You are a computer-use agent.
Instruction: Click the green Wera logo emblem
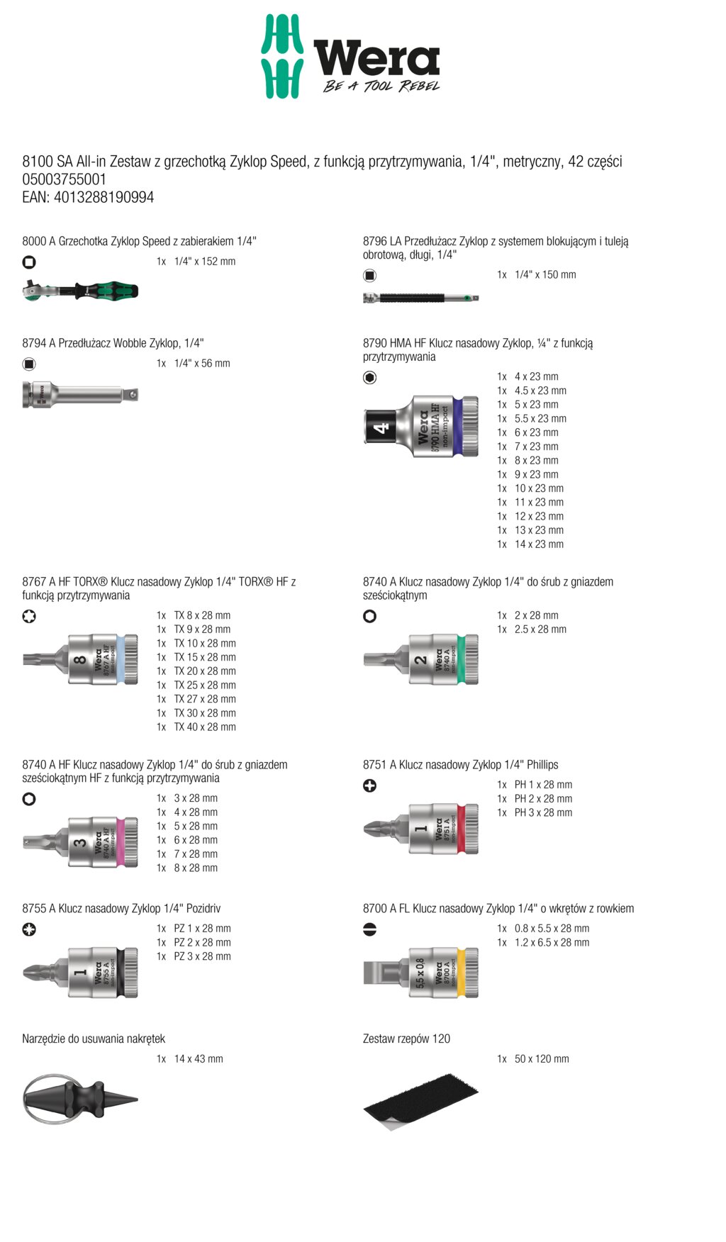282,56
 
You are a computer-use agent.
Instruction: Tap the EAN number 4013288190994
104,197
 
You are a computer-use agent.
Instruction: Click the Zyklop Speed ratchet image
80,290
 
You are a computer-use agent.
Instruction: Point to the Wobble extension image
80,394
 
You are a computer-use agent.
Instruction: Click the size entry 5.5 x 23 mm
540,418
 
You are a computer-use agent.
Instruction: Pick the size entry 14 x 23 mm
539,544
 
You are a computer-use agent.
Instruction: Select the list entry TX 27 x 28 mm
205,699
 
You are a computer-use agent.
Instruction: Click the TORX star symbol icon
29,616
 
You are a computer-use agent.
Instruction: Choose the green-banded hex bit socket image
421,659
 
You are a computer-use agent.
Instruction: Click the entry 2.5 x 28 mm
540,630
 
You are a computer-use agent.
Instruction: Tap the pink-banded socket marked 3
80,841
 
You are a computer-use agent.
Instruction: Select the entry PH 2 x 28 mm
543,799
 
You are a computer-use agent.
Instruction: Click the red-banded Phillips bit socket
421,828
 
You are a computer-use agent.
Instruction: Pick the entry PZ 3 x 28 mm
203,956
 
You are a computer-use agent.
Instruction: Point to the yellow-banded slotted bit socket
421,973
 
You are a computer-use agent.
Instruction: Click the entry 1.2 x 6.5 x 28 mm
552,943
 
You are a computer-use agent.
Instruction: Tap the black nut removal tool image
80,1100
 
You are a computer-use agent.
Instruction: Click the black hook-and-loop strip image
421,1102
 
